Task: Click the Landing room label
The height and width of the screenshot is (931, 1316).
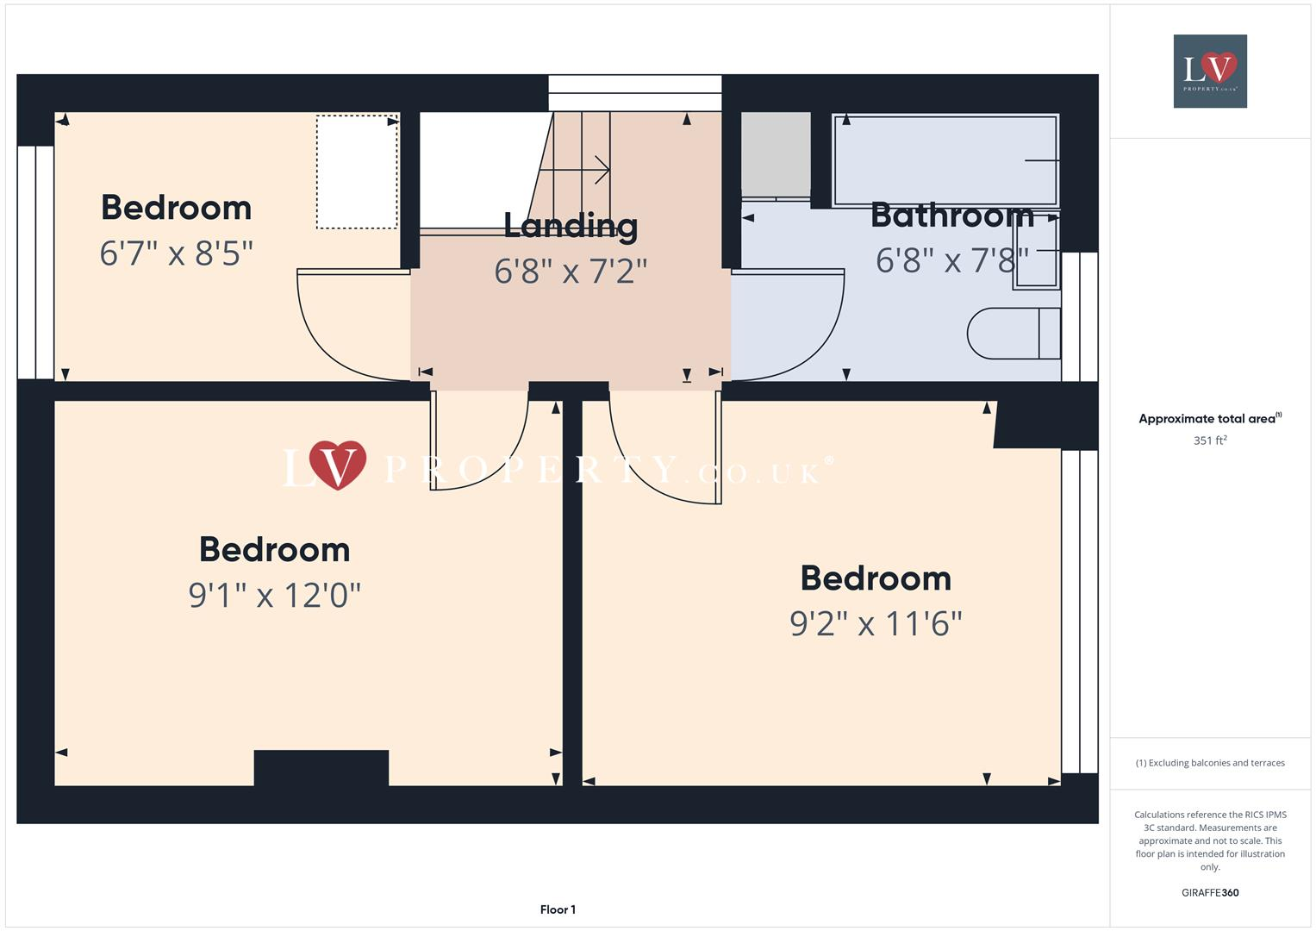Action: click(x=571, y=226)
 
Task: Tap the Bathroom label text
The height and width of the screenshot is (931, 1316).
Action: click(x=951, y=215)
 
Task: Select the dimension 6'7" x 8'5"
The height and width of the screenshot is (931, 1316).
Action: click(x=177, y=253)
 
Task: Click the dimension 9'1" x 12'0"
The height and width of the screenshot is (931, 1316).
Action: click(x=274, y=595)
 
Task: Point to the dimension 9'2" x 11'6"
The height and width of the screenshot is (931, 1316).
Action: click(x=876, y=623)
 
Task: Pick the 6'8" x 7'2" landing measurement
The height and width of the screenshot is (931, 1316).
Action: click(x=571, y=272)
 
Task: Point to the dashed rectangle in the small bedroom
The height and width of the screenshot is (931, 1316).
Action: click(x=357, y=172)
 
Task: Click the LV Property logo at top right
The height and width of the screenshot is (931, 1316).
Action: click(x=1210, y=71)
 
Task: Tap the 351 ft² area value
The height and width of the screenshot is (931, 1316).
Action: click(x=1210, y=441)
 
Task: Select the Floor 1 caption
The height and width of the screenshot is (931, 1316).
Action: click(x=558, y=909)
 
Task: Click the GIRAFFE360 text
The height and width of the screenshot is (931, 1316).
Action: click(x=1210, y=892)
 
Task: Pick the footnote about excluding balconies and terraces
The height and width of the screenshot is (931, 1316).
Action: click(x=1210, y=763)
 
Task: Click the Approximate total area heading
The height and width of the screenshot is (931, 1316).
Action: click(x=1208, y=419)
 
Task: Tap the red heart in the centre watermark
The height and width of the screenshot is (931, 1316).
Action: click(x=337, y=464)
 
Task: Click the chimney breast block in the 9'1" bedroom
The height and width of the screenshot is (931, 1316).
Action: click(x=321, y=767)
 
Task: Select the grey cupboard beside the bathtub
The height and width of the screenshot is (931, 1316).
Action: click(x=776, y=154)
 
